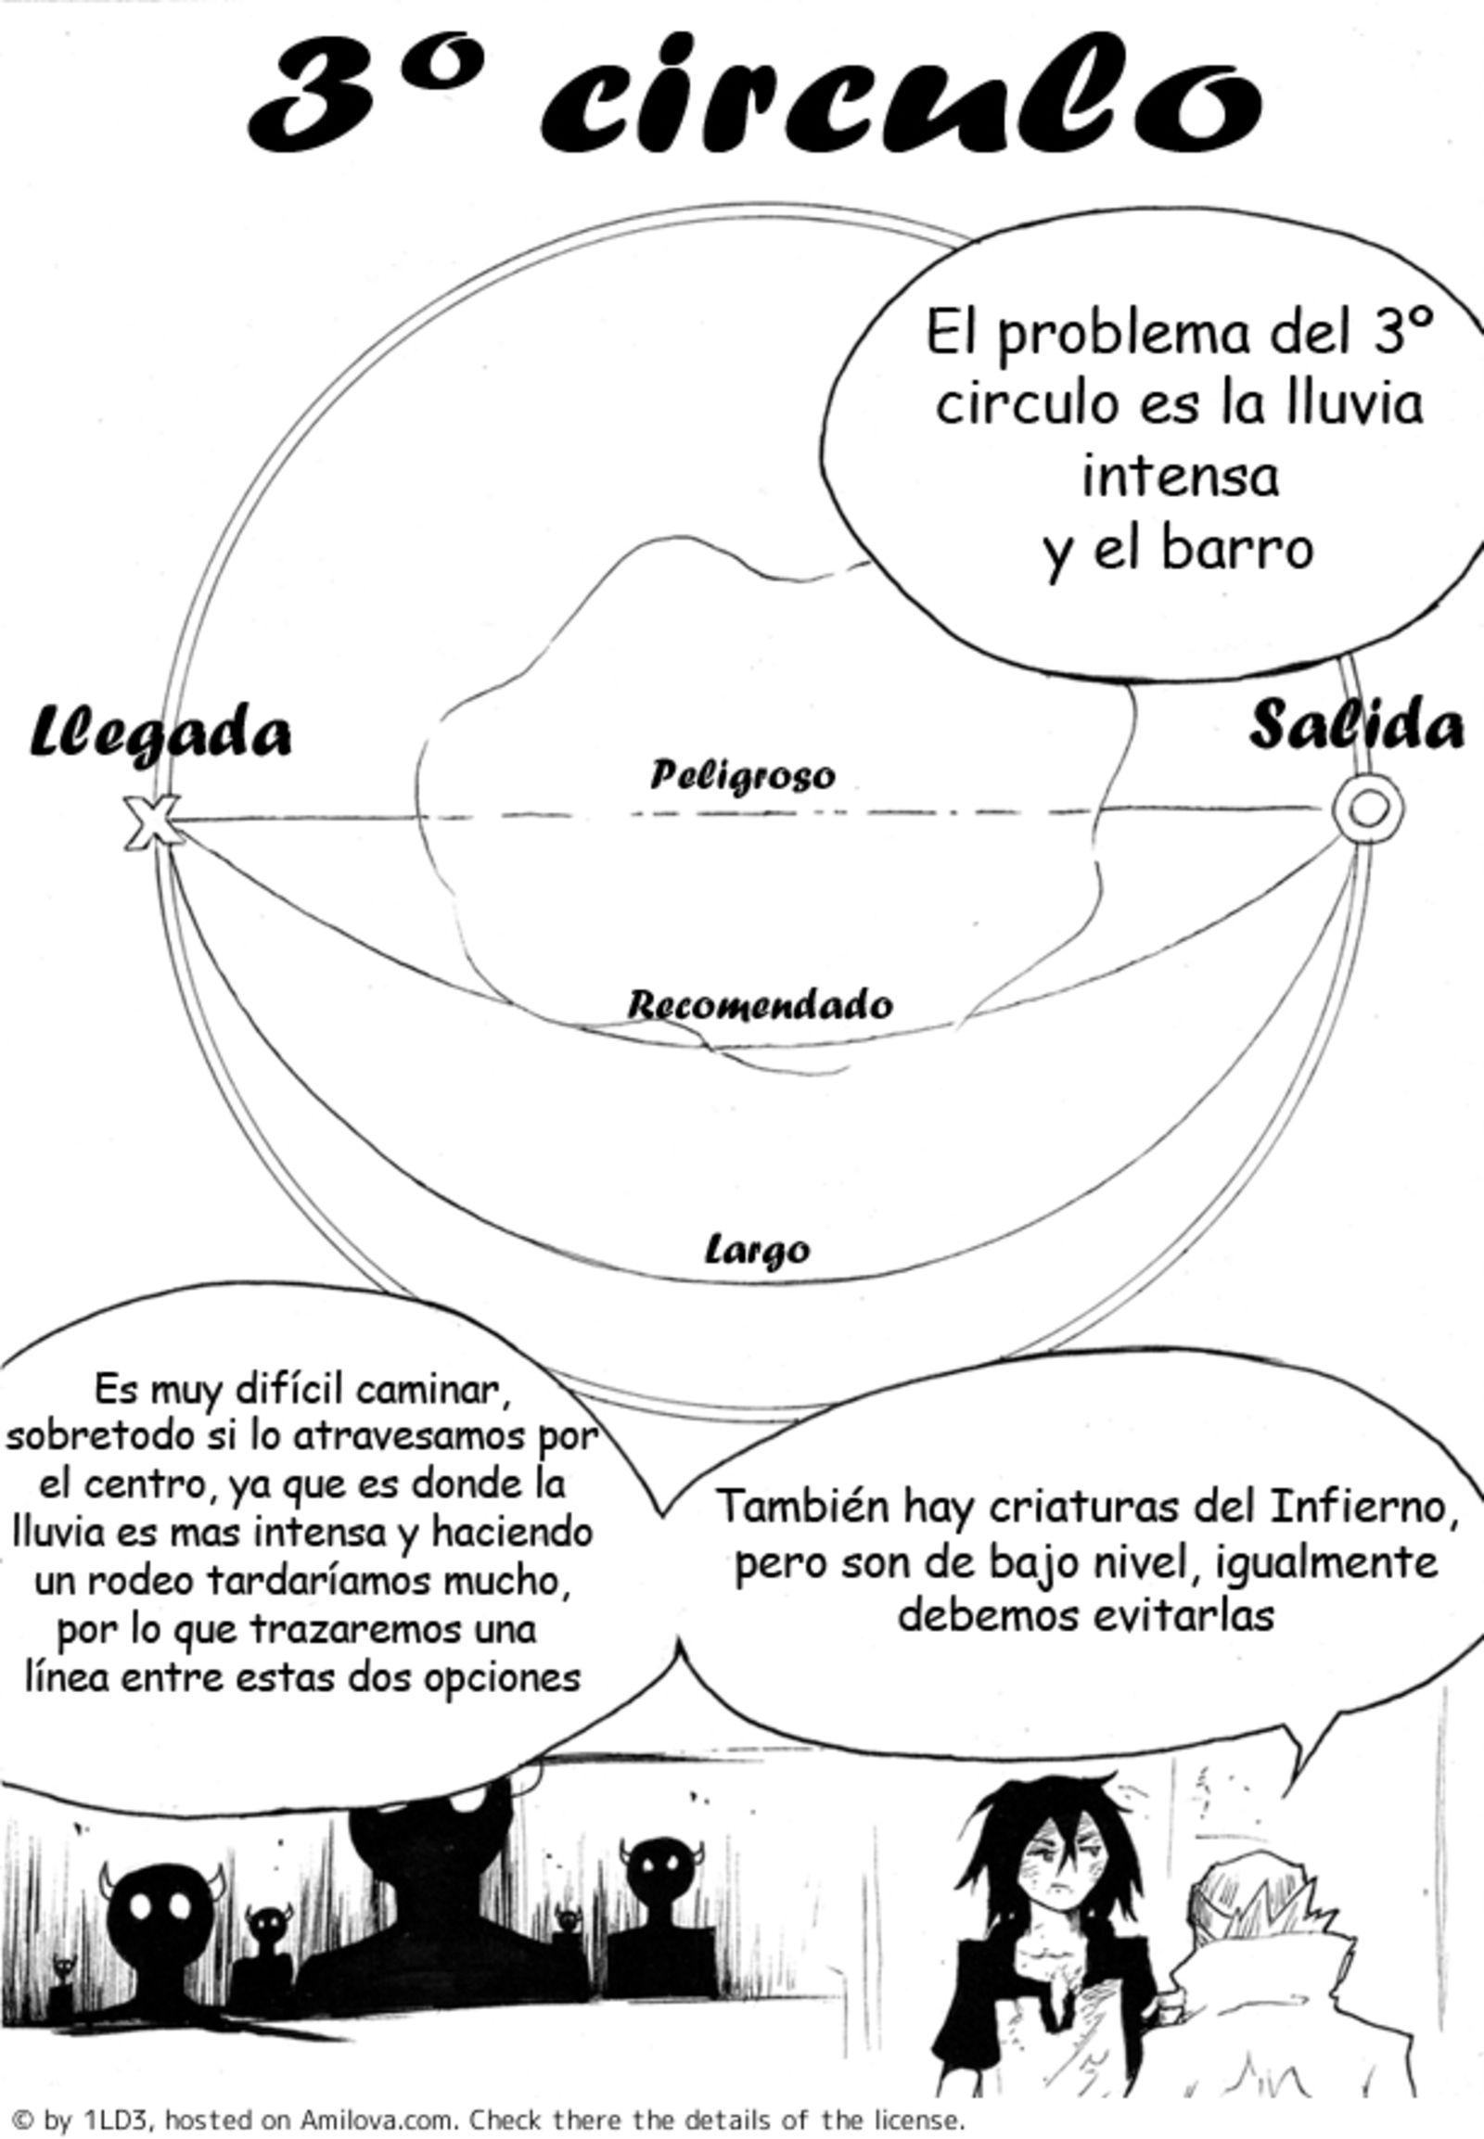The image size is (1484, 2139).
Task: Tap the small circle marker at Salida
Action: (1365, 808)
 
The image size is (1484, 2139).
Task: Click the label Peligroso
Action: (742, 775)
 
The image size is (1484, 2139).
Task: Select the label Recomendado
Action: (760, 1005)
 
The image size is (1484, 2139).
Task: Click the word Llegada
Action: (160, 734)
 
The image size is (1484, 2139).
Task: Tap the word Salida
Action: (1356, 726)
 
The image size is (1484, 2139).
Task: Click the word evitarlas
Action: (1180, 1614)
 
